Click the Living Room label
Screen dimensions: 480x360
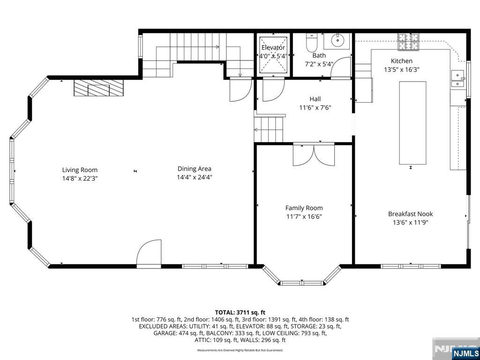pos(80,170)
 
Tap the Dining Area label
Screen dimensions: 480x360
pos(195,169)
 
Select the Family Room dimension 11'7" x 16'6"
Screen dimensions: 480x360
pos(304,217)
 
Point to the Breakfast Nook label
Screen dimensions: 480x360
pos(411,214)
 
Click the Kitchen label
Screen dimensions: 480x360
pos(402,61)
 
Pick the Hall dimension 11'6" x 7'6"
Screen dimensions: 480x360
pos(315,107)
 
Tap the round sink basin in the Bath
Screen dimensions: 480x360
pos(337,40)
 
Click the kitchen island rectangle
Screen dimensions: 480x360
pos(412,123)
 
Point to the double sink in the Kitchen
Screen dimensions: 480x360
pos(457,79)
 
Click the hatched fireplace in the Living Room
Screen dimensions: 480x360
pos(98,88)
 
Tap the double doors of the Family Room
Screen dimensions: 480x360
pos(314,155)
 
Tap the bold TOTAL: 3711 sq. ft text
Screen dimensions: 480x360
pos(240,313)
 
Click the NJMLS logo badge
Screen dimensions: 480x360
pos(465,353)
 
